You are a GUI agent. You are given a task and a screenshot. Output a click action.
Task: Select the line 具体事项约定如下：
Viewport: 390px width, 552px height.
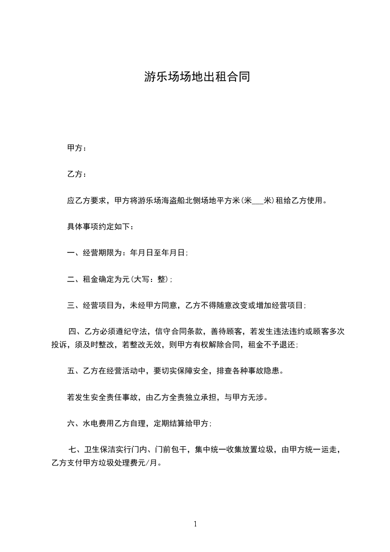tap(100, 227)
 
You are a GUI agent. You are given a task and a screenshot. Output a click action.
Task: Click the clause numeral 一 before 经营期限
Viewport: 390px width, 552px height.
tap(71, 253)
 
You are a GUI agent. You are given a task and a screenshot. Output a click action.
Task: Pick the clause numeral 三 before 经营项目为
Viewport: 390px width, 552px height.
tap(71, 306)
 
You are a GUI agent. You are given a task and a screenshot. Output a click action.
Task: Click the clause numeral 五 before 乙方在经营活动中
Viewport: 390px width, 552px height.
tap(71, 371)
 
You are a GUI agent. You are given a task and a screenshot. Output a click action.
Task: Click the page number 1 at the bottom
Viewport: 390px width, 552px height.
tap(195, 524)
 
